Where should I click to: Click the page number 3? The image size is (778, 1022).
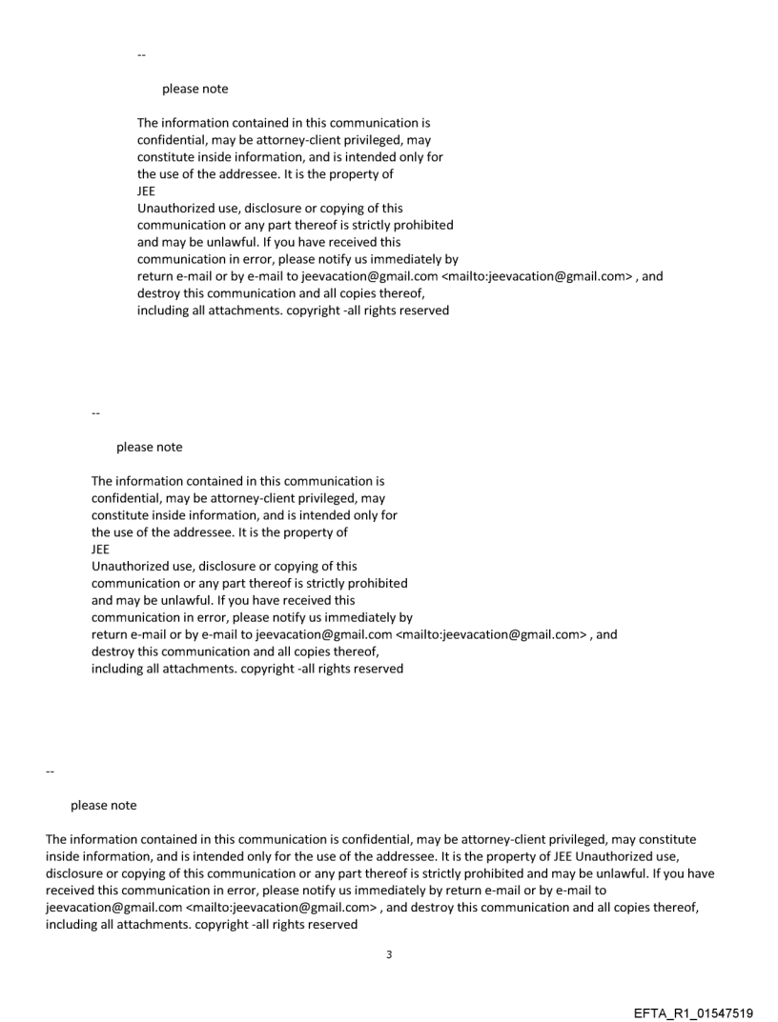(x=388, y=955)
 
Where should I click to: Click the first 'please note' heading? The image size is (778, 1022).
(x=194, y=90)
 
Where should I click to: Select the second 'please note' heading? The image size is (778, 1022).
(x=149, y=447)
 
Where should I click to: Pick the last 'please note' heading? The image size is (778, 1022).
(x=103, y=806)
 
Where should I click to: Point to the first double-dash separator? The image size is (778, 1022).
(x=141, y=56)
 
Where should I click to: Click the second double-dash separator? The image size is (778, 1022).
(x=95, y=413)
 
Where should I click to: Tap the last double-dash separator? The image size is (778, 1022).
(x=50, y=772)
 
